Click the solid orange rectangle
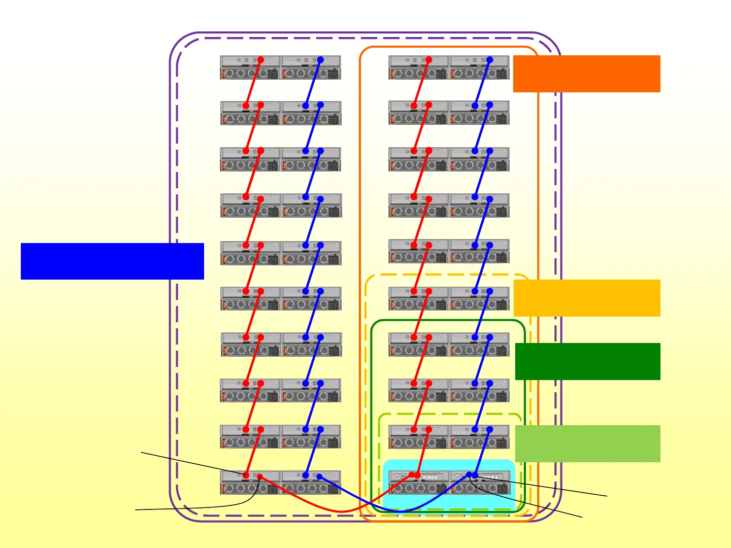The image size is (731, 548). point(586,74)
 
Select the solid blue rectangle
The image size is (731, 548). point(112,261)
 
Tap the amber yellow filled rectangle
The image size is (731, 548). point(587,298)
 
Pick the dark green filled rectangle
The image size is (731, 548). point(587,361)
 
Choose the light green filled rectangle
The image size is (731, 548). point(587,443)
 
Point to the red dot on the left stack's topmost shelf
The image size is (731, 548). point(260,60)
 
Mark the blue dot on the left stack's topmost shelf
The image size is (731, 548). point(320,60)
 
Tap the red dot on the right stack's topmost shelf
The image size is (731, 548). point(429,60)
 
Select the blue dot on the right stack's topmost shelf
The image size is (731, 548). point(490,60)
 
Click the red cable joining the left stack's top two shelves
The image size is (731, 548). point(253,83)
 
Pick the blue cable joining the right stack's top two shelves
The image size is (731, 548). point(482,83)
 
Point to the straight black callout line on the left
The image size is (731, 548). point(193,464)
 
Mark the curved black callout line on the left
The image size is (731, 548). point(203,507)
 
